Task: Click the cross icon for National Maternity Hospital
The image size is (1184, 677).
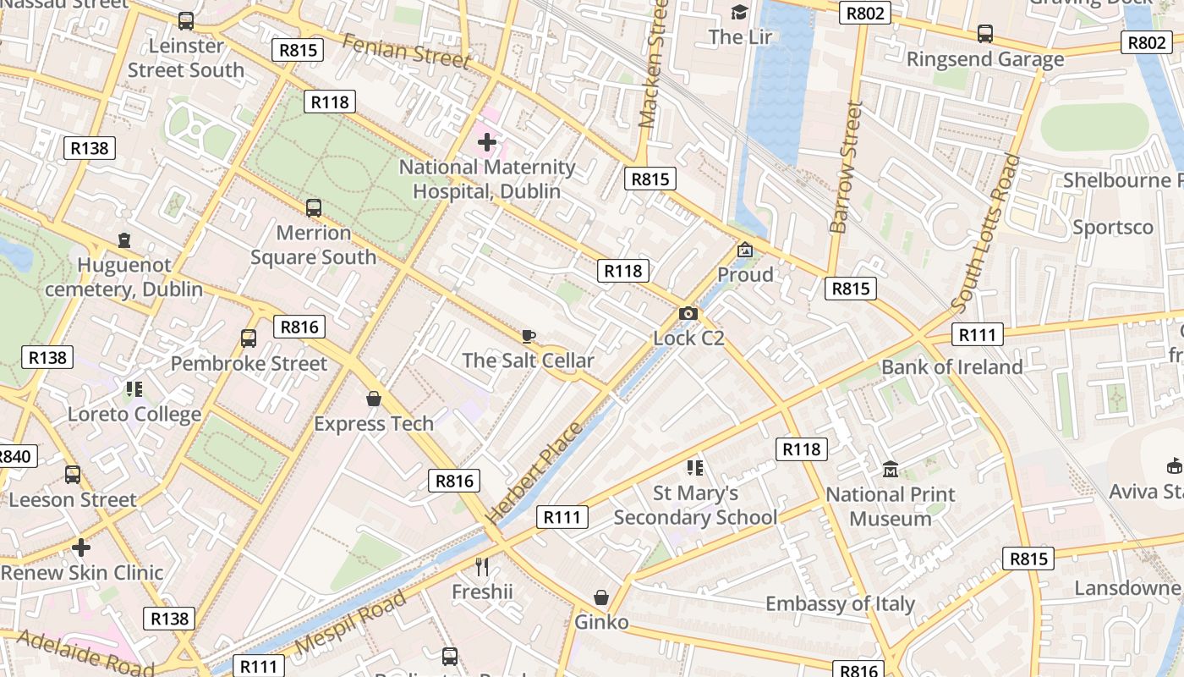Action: pyautogui.click(x=487, y=142)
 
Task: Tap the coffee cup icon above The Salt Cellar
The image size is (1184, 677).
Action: pyautogui.click(x=529, y=337)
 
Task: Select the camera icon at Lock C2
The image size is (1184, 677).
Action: pyautogui.click(x=688, y=314)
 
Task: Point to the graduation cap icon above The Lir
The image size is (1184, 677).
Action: pyautogui.click(x=740, y=12)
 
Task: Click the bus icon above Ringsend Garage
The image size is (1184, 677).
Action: pyautogui.click(x=985, y=34)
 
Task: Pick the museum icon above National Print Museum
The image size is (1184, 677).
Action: pyautogui.click(x=891, y=469)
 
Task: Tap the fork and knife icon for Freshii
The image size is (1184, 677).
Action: pyautogui.click(x=482, y=566)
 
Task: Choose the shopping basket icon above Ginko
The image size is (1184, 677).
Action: pyautogui.click(x=601, y=597)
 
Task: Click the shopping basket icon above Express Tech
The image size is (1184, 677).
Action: pyautogui.click(x=374, y=398)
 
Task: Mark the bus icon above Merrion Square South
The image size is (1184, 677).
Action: pyautogui.click(x=314, y=207)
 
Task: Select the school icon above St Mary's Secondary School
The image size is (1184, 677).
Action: pyautogui.click(x=695, y=467)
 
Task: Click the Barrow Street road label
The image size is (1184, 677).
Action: pyautogui.click(x=847, y=168)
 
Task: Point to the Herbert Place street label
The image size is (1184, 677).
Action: pyautogui.click(x=534, y=472)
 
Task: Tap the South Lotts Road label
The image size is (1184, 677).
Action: pyautogui.click(x=986, y=234)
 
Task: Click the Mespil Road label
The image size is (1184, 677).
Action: pyautogui.click(x=353, y=623)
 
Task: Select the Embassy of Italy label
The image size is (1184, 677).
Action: pyautogui.click(x=840, y=603)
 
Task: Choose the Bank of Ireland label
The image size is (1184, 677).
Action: pyautogui.click(x=951, y=367)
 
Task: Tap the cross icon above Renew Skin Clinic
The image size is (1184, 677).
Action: pyautogui.click(x=81, y=548)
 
